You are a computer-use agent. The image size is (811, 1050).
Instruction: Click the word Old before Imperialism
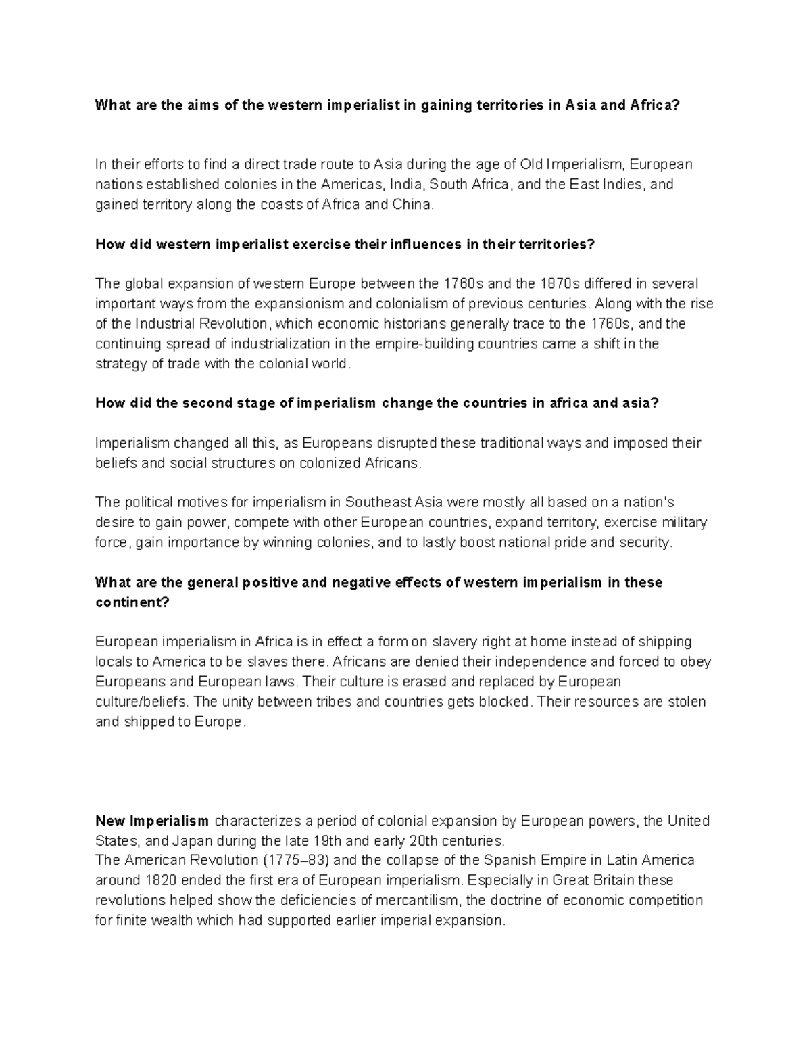click(531, 164)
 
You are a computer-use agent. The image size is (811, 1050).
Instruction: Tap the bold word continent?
click(132, 602)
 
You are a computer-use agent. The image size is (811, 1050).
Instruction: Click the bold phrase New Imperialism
click(152, 821)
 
